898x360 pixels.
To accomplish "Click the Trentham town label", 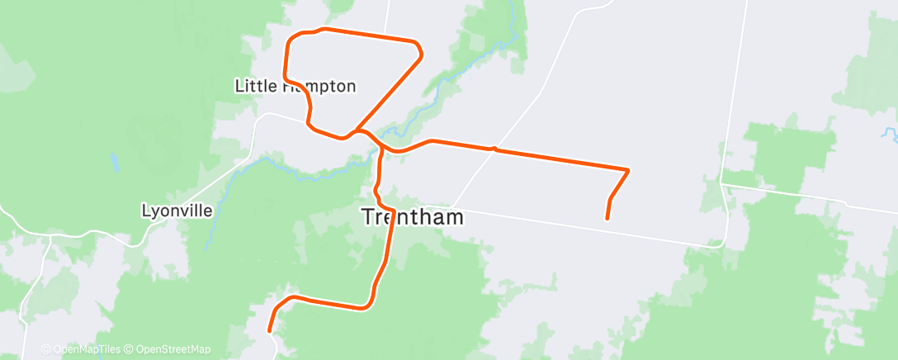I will point(413,217).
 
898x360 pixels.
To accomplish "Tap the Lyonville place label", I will point(177,211).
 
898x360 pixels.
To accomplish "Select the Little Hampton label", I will point(295,86).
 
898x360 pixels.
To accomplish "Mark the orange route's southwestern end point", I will point(269,331).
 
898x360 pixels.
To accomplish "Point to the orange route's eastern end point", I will point(607,219).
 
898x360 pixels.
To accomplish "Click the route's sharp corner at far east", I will point(629,170).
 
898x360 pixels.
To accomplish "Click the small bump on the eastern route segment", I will point(493,148).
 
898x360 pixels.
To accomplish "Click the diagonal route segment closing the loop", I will point(388,92).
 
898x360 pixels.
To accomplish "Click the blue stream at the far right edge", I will point(888,132).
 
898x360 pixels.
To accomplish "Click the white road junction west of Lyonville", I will point(51,236).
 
